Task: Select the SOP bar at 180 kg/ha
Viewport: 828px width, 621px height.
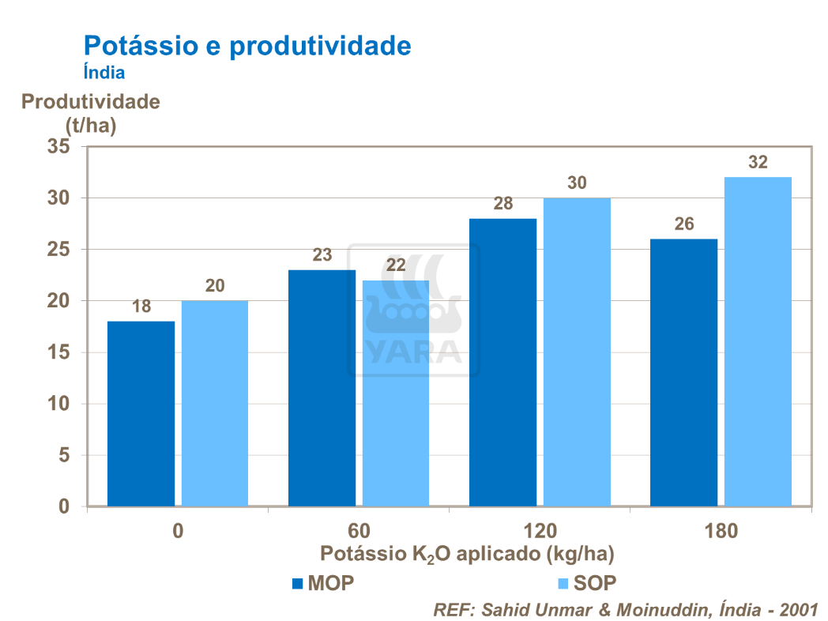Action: (x=758, y=341)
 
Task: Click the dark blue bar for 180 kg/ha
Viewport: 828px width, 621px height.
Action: (x=683, y=372)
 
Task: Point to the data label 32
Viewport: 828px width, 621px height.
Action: (x=758, y=163)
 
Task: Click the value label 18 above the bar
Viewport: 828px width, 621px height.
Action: (x=141, y=307)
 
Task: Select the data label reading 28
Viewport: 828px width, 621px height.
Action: (x=502, y=204)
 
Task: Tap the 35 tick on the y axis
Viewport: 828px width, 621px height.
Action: (x=58, y=147)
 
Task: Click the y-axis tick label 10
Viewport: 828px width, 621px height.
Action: (x=58, y=405)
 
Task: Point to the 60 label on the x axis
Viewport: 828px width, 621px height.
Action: (x=359, y=530)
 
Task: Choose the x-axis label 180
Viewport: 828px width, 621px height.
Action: (x=721, y=530)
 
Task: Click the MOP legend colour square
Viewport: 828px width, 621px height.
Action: (x=298, y=584)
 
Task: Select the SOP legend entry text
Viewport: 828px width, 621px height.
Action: (x=595, y=584)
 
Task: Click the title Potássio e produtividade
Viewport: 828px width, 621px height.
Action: (x=247, y=45)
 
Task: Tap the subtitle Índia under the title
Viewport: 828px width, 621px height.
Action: (x=104, y=72)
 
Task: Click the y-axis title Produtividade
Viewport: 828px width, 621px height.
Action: (x=90, y=102)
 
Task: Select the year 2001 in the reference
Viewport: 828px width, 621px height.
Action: (x=797, y=610)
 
